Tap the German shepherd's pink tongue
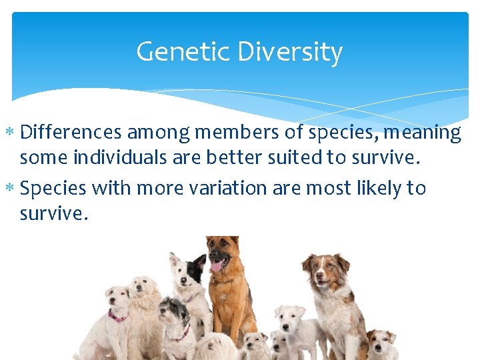[x=216, y=266]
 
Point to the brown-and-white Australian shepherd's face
[x=323, y=271]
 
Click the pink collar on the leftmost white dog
[x=117, y=315]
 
